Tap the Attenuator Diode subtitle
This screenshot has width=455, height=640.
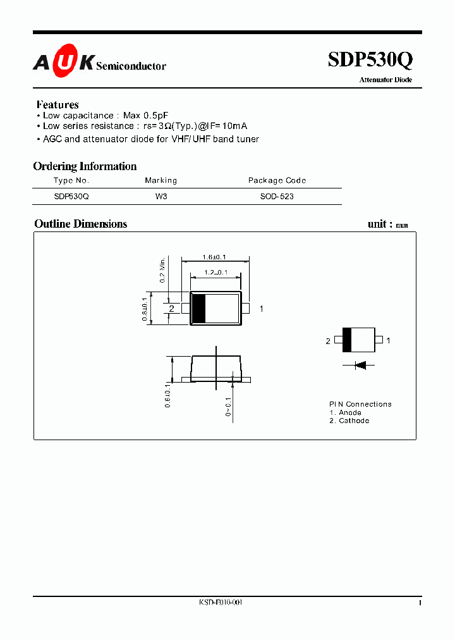385,80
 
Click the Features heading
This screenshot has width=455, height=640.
58,104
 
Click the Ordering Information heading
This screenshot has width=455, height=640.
85,166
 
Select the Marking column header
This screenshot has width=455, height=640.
161,180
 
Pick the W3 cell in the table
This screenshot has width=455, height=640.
161,197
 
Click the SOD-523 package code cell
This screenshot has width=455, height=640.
277,197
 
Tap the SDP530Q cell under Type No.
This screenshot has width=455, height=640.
71,197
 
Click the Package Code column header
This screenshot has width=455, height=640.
277,180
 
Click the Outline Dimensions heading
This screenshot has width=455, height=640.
80,224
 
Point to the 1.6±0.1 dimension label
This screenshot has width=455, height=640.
214,257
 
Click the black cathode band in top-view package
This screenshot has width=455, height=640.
198,309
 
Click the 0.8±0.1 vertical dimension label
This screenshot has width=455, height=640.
145,310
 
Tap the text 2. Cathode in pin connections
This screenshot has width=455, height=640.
349,421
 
